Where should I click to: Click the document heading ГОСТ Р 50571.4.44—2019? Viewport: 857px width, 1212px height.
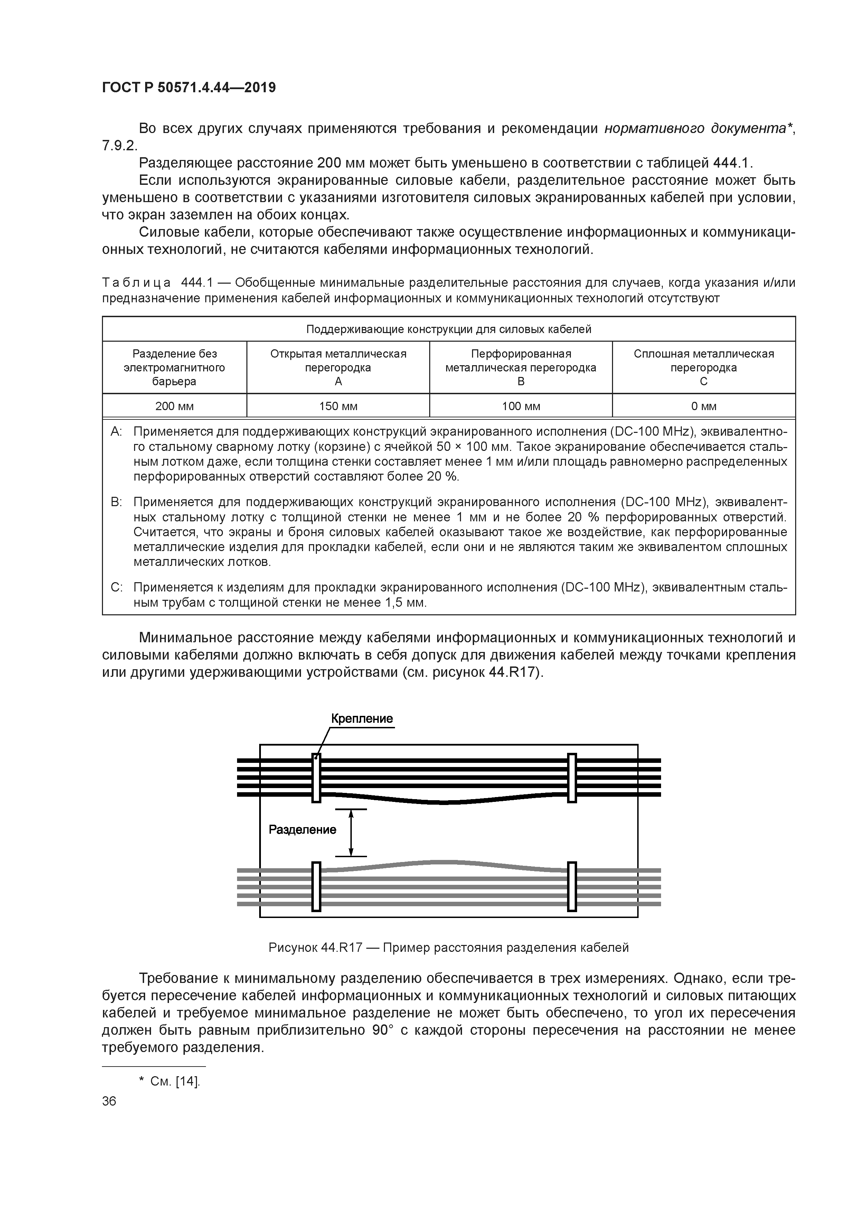(x=189, y=88)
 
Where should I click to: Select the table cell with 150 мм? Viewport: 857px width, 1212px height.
(x=338, y=406)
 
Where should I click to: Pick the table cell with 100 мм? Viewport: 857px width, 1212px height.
(x=521, y=406)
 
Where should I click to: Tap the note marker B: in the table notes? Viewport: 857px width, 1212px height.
(x=116, y=501)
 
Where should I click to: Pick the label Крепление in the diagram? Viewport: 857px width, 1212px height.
(x=362, y=718)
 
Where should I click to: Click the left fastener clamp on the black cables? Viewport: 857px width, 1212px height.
(x=316, y=778)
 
